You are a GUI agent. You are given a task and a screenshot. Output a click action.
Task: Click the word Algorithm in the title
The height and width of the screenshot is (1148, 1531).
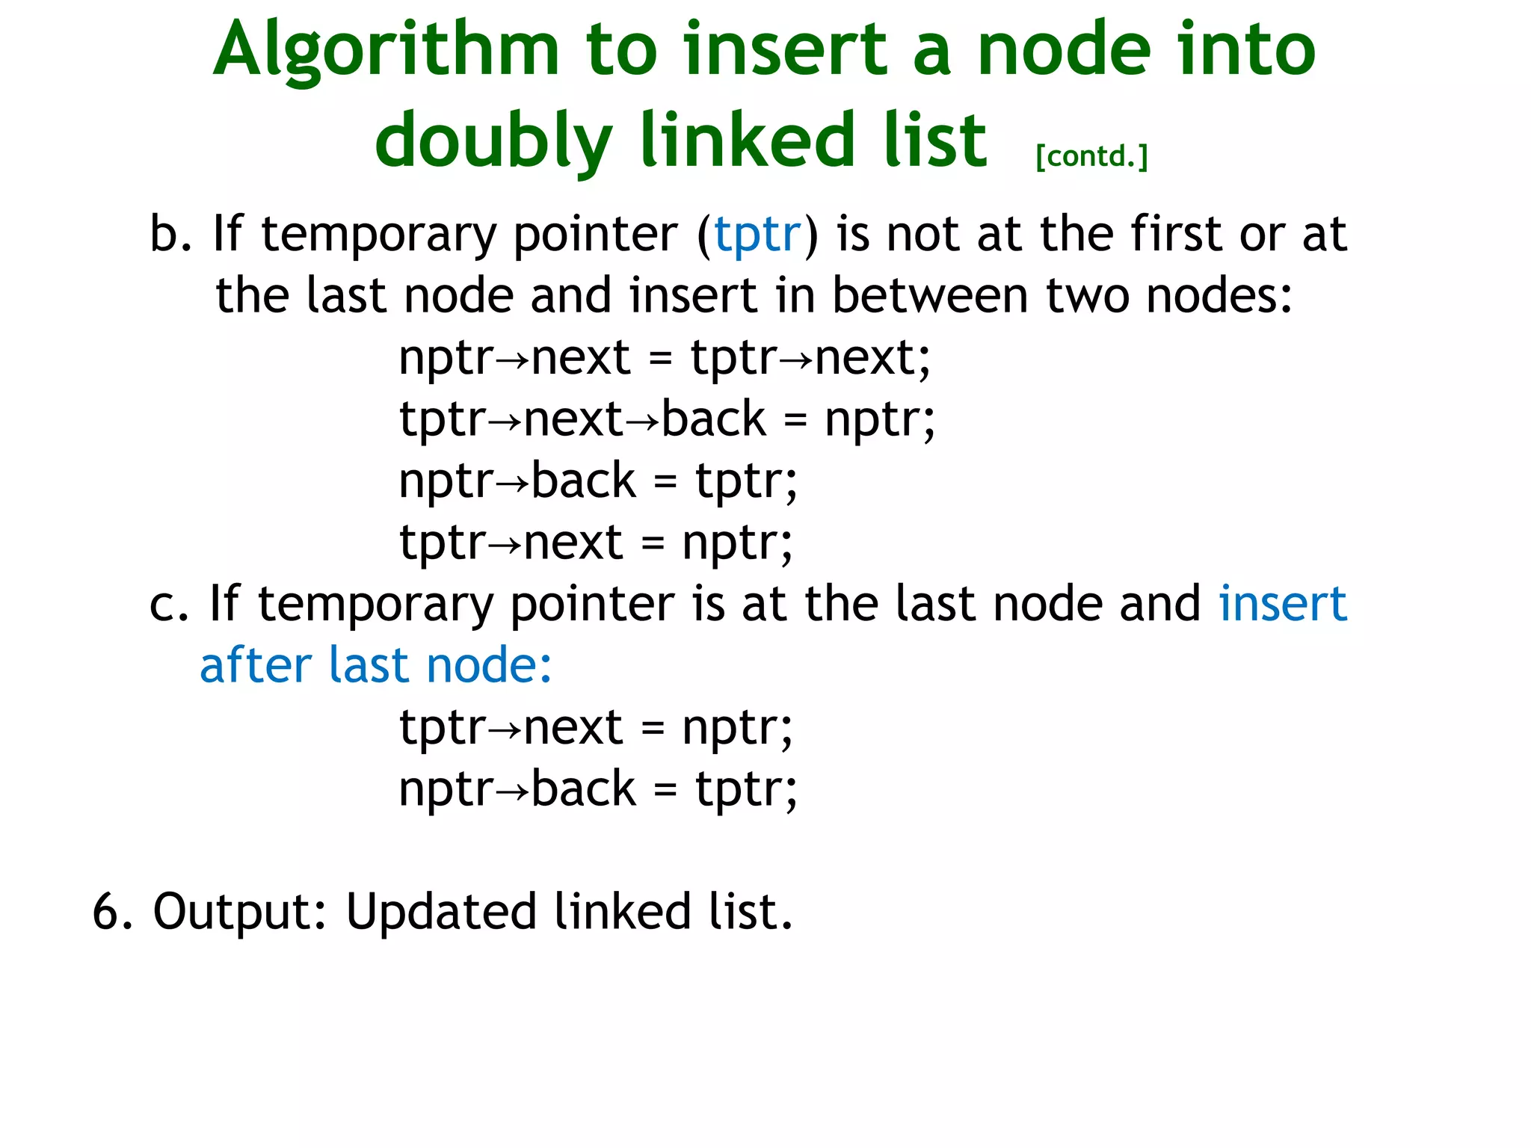pos(386,51)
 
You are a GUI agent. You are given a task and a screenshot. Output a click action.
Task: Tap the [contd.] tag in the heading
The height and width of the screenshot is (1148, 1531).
pos(1091,156)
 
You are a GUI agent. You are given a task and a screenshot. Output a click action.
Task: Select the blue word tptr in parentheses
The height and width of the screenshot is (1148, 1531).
pos(757,235)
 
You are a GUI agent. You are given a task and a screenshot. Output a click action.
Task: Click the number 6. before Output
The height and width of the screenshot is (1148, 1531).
pos(112,912)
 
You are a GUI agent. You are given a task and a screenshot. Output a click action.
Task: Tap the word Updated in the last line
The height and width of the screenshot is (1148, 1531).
pos(441,912)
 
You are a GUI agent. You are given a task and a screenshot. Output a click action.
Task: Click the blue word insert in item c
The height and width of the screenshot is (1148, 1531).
pos(1283,604)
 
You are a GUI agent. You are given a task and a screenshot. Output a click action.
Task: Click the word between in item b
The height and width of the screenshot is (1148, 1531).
pos(930,296)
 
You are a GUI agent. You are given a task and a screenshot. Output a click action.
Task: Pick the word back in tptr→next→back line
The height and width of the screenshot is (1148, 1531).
pos(714,419)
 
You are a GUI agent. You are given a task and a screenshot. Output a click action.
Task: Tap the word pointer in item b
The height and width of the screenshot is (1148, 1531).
pos(595,235)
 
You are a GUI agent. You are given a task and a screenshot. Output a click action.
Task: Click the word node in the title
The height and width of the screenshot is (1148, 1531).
pos(1065,51)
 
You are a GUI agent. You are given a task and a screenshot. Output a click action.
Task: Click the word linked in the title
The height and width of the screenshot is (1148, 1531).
pos(748,141)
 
